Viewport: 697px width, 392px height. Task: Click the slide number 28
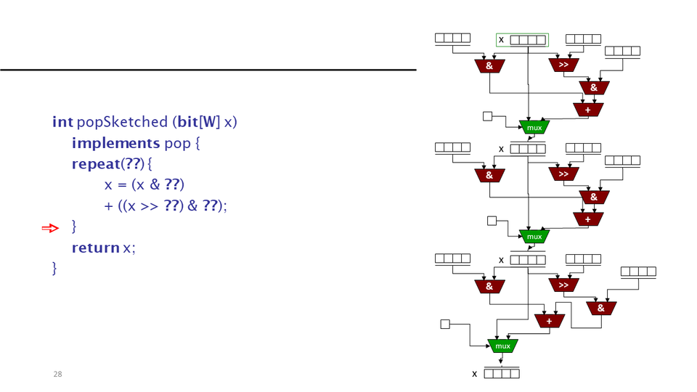pos(57,374)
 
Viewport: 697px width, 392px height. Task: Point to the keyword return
pos(95,248)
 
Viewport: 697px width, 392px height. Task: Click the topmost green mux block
pos(534,127)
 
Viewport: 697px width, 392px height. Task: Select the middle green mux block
pos(534,236)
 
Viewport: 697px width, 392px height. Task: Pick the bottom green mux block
pos(502,346)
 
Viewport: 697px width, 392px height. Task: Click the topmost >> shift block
pos(564,65)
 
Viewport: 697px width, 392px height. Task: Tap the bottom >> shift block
pos(564,285)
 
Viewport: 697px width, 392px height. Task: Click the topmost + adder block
pos(587,110)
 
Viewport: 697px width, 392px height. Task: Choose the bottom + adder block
pos(550,320)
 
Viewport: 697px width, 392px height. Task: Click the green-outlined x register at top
pos(522,39)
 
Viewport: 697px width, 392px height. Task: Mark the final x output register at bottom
pos(502,374)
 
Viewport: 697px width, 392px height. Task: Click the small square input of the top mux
pos(488,116)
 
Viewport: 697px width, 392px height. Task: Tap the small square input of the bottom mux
pos(445,324)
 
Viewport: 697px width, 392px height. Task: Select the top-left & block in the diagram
pos(489,65)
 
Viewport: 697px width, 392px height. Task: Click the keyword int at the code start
pos(62,122)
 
